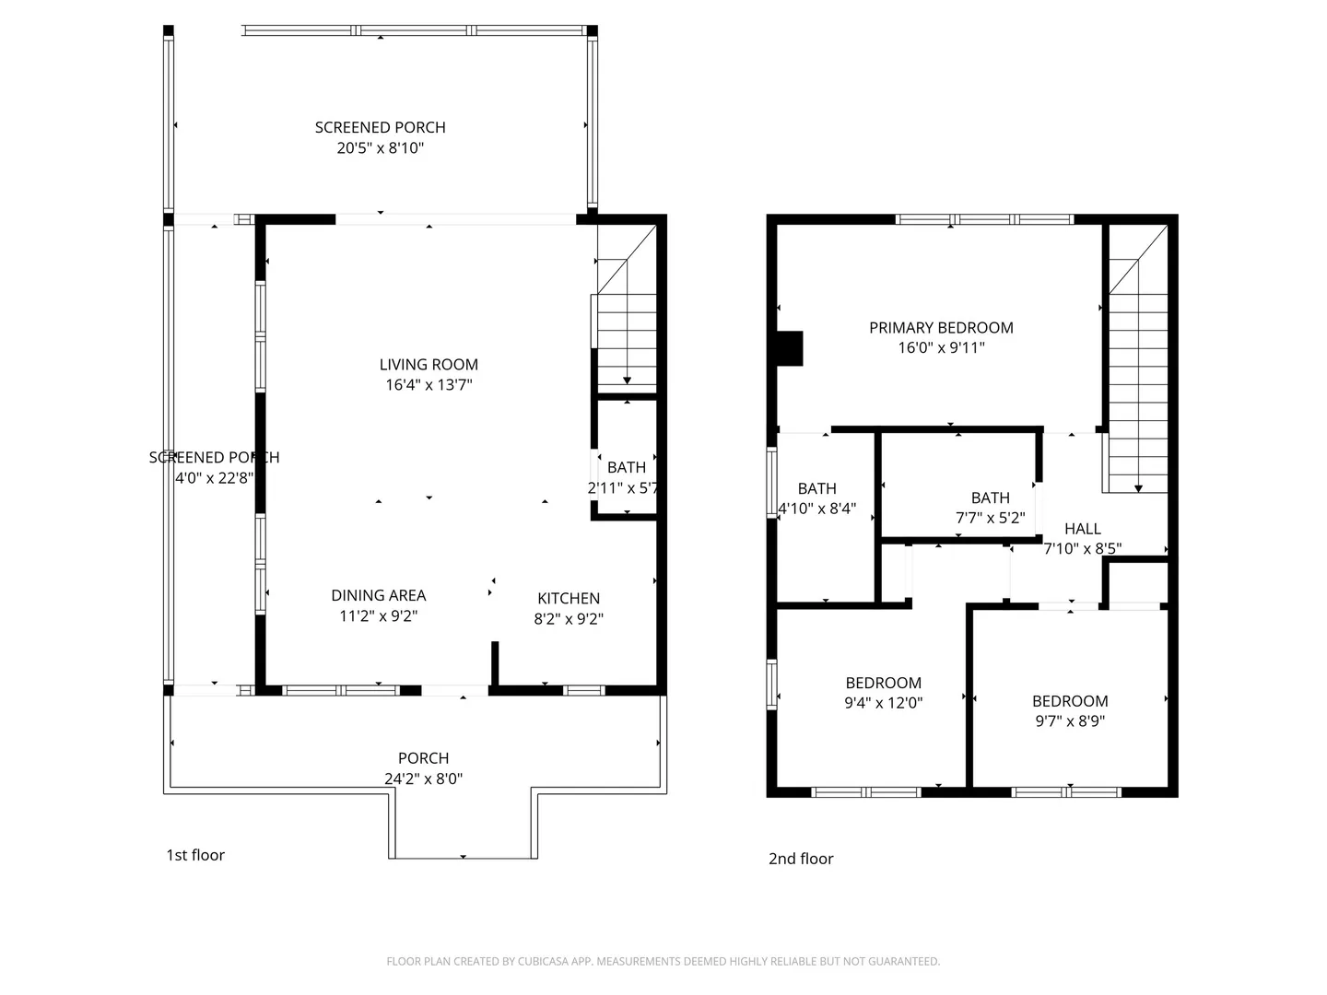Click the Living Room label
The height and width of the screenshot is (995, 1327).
(x=429, y=364)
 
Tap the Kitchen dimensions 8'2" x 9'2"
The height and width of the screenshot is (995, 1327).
(x=569, y=618)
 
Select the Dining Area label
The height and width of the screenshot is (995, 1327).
(x=379, y=595)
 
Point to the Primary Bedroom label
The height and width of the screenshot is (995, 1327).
(x=941, y=327)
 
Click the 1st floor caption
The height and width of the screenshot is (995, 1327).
(x=195, y=855)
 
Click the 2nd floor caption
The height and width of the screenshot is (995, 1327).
(x=801, y=859)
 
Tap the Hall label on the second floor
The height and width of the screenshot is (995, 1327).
(x=1083, y=529)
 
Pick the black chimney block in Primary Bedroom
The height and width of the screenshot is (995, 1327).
(x=790, y=348)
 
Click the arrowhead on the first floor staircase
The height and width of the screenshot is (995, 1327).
(x=627, y=380)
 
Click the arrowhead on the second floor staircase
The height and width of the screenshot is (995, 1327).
(x=1138, y=488)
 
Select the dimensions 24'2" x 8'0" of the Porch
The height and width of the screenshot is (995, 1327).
(x=423, y=778)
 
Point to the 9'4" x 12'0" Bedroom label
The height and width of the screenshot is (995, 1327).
(x=883, y=683)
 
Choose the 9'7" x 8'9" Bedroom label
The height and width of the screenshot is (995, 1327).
(x=1070, y=701)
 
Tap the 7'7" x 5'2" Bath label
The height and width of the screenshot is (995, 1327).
(x=991, y=497)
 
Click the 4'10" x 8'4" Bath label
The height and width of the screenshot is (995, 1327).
(x=816, y=488)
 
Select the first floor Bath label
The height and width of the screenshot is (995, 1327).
(x=627, y=467)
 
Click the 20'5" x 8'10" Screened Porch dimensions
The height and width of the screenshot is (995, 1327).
(x=381, y=148)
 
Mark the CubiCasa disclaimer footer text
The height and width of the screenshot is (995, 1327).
(x=663, y=961)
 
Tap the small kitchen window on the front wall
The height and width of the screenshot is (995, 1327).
(x=584, y=691)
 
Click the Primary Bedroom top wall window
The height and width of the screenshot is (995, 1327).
(x=984, y=219)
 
